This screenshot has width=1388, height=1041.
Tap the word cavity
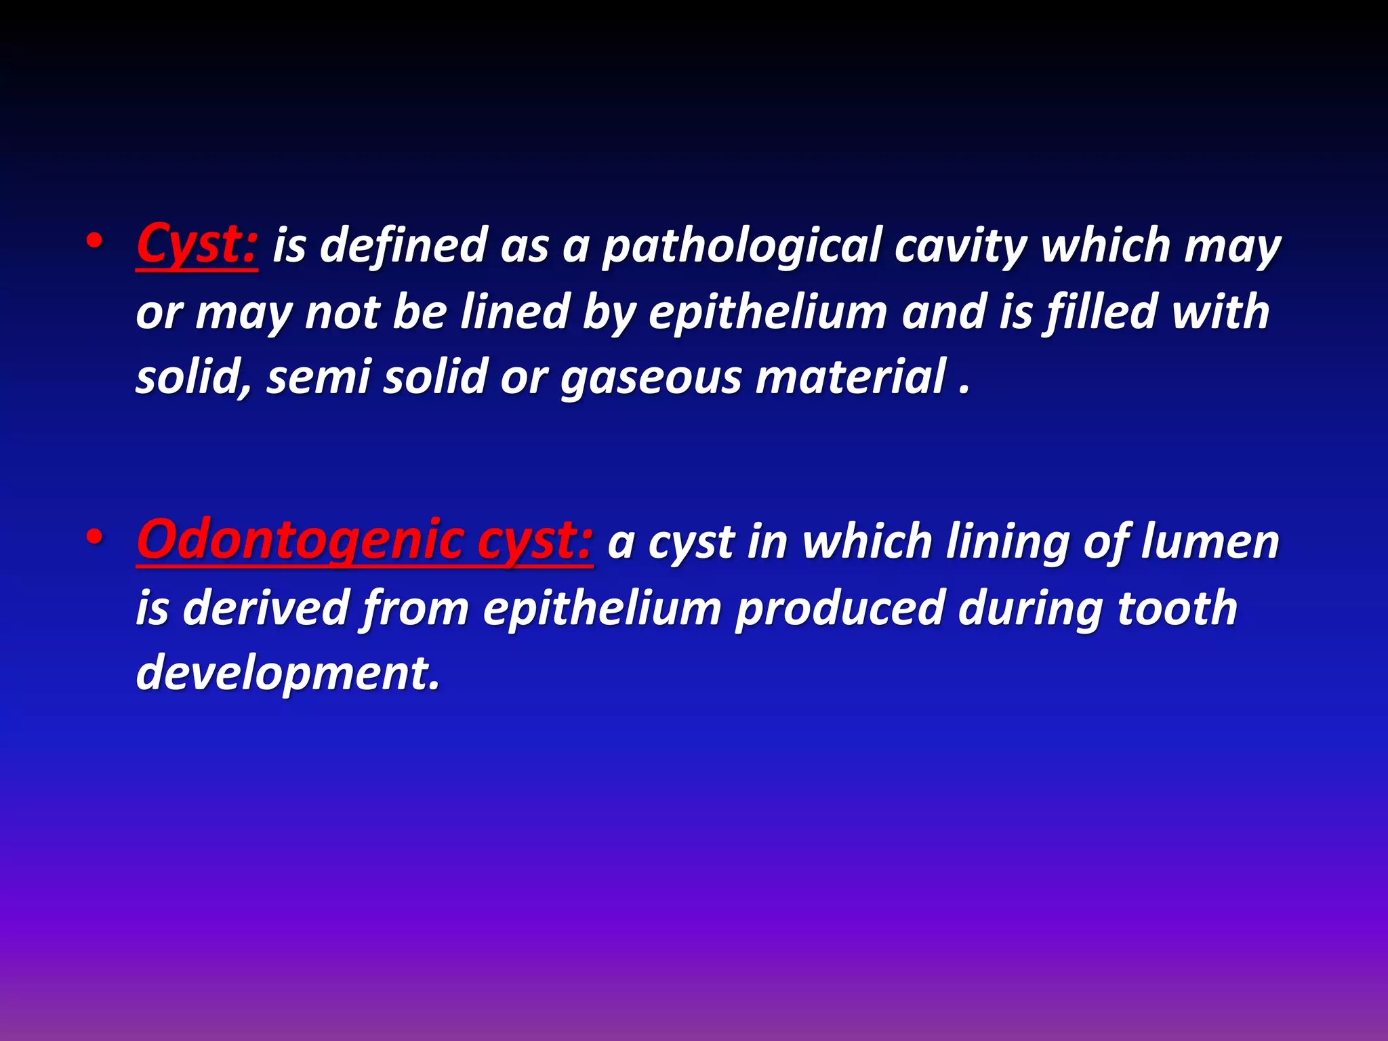pyautogui.click(x=960, y=247)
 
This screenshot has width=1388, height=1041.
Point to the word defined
pyautogui.click(x=403, y=245)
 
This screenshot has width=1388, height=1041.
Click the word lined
pyautogui.click(x=514, y=312)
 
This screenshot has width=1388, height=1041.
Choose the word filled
pyautogui.click(x=1101, y=312)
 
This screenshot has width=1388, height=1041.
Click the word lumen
pyautogui.click(x=1210, y=542)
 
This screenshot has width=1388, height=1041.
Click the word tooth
pyautogui.click(x=1177, y=607)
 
